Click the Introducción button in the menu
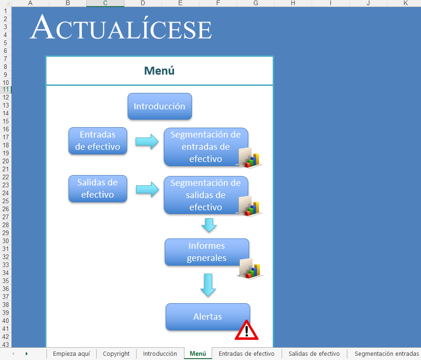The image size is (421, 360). pyautogui.click(x=160, y=106)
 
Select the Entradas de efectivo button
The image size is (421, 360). pyautogui.click(x=98, y=141)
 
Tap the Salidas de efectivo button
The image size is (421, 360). pyautogui.click(x=98, y=189)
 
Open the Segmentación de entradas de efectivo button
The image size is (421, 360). pyautogui.click(x=206, y=147)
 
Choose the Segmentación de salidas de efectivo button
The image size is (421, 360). pyautogui.click(x=206, y=195)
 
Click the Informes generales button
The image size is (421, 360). pyautogui.click(x=207, y=252)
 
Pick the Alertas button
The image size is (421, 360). pyautogui.click(x=208, y=317)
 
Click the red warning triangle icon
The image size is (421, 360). pyautogui.click(x=246, y=330)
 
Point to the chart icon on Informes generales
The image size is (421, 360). pyautogui.click(x=250, y=269)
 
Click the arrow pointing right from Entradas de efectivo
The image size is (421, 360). pyautogui.click(x=147, y=141)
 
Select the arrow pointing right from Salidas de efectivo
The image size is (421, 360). pyautogui.click(x=147, y=190)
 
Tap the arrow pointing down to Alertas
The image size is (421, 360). pyautogui.click(x=208, y=285)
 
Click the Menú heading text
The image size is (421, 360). pyautogui.click(x=159, y=71)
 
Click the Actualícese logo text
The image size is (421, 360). pyautogui.click(x=121, y=27)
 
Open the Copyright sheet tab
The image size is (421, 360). pyautogui.click(x=116, y=353)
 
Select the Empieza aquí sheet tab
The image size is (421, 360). pyautogui.click(x=71, y=353)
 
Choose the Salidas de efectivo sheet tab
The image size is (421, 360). pyautogui.click(x=314, y=353)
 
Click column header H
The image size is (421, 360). pyautogui.click(x=293, y=3)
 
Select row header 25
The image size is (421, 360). pyautogui.click(x=6, y=201)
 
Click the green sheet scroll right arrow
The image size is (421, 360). pyautogui.click(x=27, y=353)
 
